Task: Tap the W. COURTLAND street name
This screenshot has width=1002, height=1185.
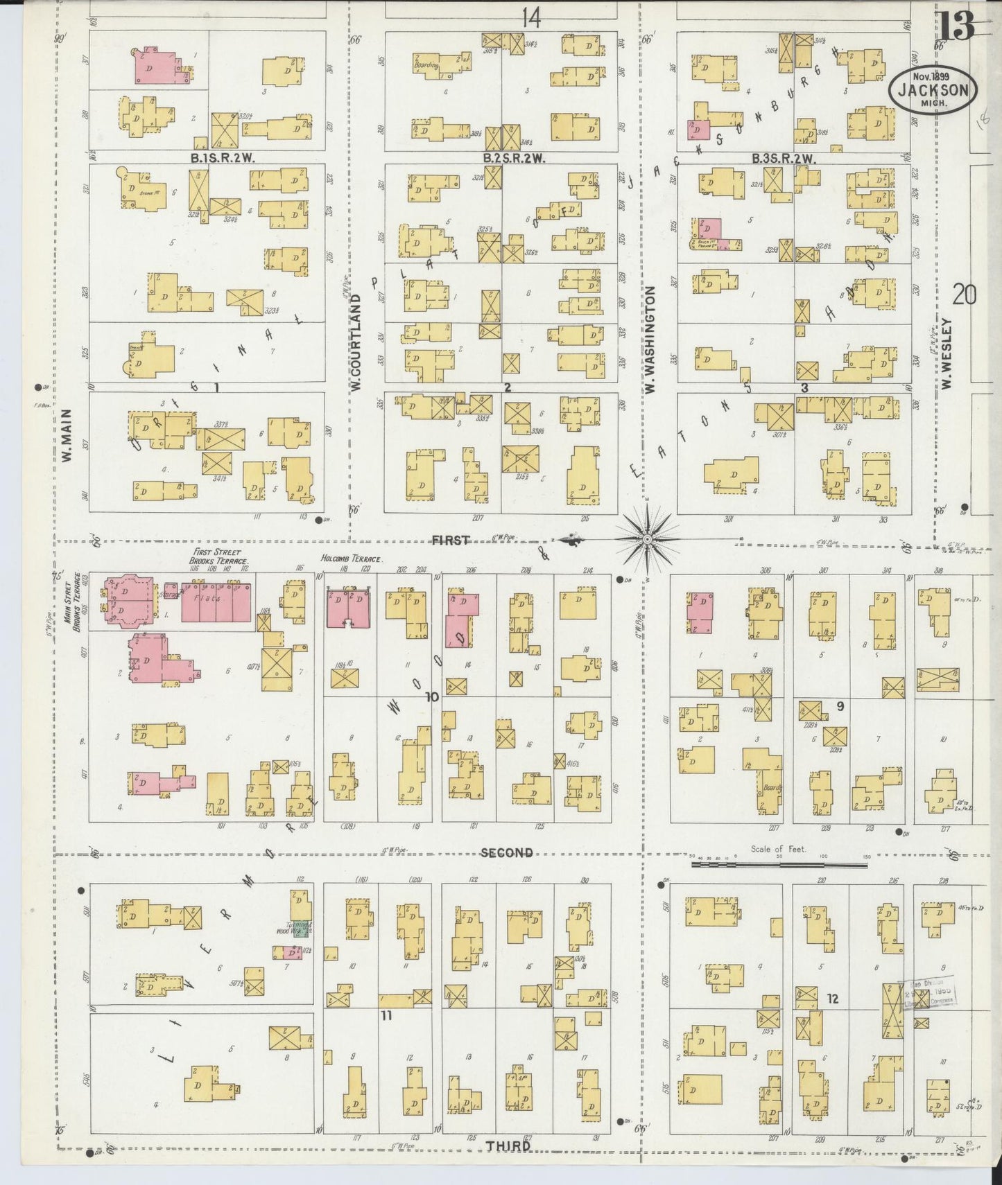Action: (356, 342)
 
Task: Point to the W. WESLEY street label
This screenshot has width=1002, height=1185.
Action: (947, 353)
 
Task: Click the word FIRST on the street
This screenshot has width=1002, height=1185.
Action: (451, 540)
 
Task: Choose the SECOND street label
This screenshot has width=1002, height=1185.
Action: (506, 853)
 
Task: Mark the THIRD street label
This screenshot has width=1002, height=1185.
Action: (508, 1145)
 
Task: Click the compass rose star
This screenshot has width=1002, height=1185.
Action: (646, 539)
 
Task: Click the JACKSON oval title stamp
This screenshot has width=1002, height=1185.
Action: (934, 90)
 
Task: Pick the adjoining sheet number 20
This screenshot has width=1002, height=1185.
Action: (964, 296)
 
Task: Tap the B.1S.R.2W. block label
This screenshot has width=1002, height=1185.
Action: (223, 158)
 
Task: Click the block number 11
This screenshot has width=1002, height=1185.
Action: (386, 1015)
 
